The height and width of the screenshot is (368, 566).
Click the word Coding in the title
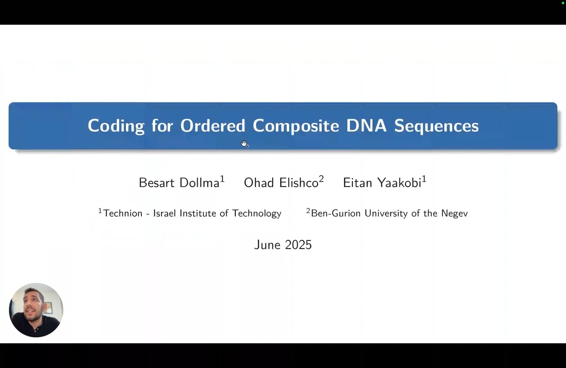point(116,126)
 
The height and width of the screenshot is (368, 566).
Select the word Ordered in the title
point(213,125)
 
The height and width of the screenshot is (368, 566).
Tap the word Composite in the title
point(296,126)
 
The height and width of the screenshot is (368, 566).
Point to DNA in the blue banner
point(366,125)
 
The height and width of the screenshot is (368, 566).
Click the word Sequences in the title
point(436,126)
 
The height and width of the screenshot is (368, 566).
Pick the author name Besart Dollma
point(179,183)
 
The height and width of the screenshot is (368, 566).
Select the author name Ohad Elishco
point(281,183)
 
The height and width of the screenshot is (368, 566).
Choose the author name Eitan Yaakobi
point(382,183)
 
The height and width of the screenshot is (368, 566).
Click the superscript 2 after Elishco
point(321,179)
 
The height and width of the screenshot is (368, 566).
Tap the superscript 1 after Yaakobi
point(424,179)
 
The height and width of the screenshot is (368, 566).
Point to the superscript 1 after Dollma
point(222,179)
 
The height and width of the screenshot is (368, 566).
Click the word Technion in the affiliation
point(123,213)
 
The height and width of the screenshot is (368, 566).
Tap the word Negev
point(454,214)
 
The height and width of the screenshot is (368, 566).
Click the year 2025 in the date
point(298,245)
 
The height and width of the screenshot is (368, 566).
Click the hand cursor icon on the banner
point(244,143)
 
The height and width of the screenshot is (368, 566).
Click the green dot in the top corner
point(563,3)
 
